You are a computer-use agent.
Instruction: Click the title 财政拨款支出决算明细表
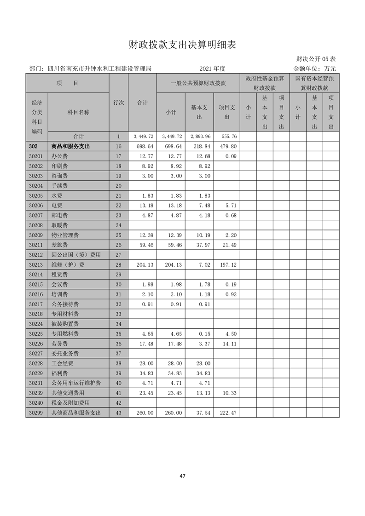pos(182,45)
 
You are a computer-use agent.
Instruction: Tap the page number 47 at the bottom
pos(182,476)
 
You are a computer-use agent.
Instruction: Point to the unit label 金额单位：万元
pos(314,69)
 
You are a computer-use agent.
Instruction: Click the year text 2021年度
pos(212,69)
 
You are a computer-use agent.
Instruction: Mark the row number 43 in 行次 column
pos(118,413)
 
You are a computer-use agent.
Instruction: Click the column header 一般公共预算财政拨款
pos(198,83)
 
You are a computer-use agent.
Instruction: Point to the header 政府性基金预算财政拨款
pos(264,83)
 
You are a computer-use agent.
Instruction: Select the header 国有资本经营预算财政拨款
pos(314,83)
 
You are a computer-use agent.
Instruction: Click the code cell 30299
pos(36,413)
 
